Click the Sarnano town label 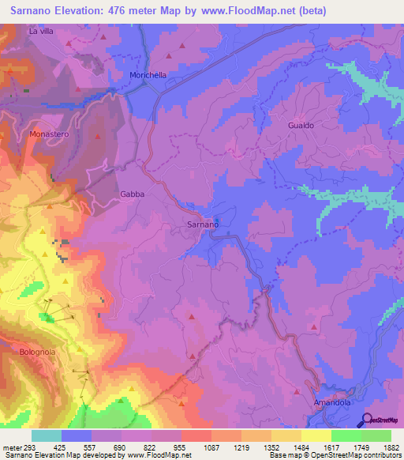[202, 224]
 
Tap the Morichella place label [148, 75]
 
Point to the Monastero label [50, 134]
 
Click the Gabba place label [132, 194]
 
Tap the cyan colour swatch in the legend [47, 435]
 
